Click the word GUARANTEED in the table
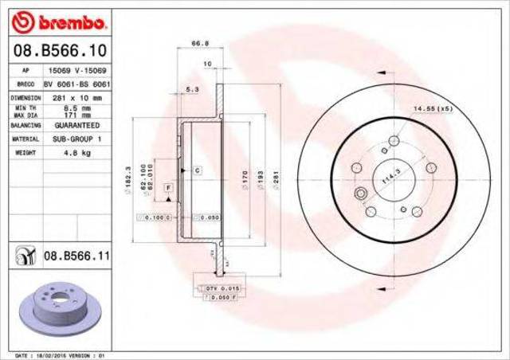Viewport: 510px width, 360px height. coord(77,126)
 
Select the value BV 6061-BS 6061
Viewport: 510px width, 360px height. coord(77,83)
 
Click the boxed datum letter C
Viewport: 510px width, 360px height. coord(194,170)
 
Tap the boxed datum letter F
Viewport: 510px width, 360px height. coord(168,186)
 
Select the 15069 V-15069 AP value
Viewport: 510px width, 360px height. coord(77,70)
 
